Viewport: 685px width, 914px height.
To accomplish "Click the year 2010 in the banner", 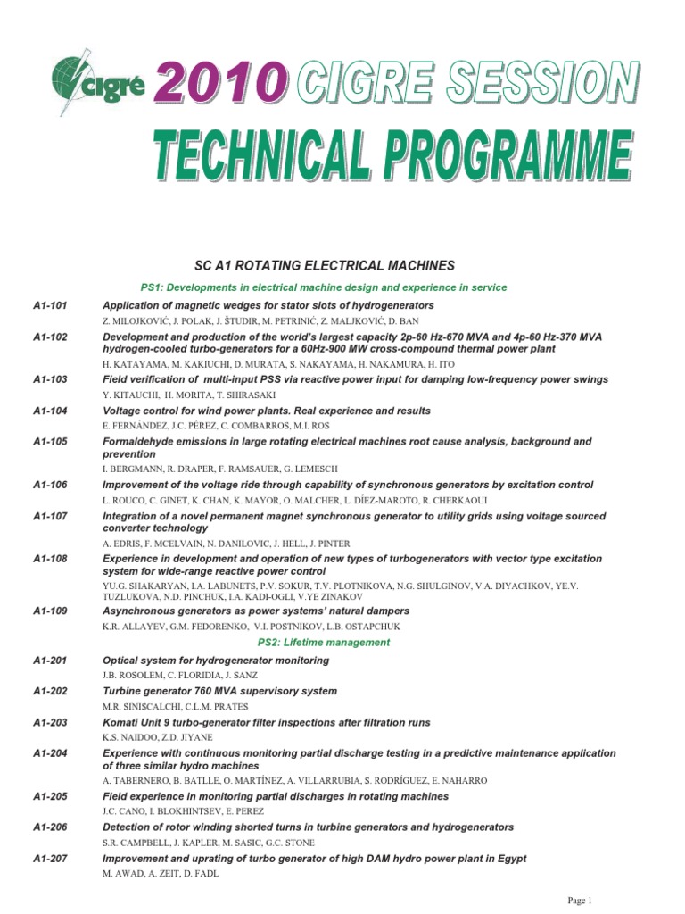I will [221, 87].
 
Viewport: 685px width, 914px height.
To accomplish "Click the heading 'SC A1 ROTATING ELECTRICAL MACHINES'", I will [325, 265].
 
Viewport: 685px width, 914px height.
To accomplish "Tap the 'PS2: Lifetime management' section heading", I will [325, 643].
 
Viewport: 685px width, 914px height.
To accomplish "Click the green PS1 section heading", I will [325, 287].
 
